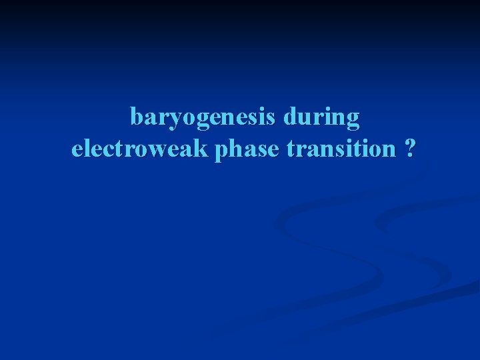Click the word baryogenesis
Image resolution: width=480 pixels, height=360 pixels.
(x=203, y=118)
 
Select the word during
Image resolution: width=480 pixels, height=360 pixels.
(x=321, y=118)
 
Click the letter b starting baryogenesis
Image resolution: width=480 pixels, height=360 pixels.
(x=137, y=117)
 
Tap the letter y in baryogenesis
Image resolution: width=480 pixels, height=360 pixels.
(x=169, y=121)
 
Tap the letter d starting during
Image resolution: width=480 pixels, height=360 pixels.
(x=289, y=117)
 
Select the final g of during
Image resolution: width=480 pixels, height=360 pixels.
(x=353, y=121)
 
